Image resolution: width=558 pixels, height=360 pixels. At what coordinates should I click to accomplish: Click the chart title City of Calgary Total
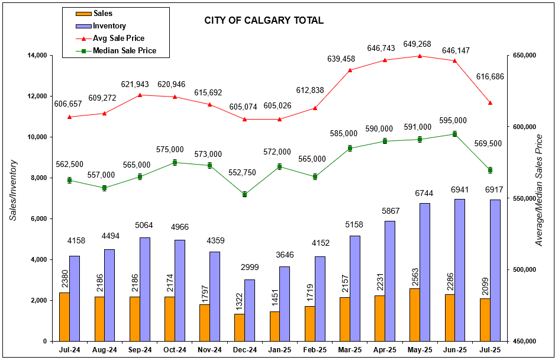[x=264, y=21]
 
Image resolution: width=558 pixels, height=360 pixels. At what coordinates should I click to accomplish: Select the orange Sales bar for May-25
[x=414, y=314]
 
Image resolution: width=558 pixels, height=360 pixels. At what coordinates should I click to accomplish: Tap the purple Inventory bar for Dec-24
[x=250, y=310]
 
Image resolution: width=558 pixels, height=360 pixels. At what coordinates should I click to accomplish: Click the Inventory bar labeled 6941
[x=460, y=270]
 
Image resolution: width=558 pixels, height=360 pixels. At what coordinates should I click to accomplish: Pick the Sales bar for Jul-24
[x=64, y=317]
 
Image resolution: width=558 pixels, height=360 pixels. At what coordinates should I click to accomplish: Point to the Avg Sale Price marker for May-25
[x=420, y=56]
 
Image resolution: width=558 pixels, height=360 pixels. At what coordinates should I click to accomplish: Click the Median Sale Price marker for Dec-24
[x=244, y=194]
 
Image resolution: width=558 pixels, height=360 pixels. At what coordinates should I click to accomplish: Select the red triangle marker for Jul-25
[x=490, y=103]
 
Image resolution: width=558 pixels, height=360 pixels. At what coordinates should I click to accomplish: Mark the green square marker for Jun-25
[x=454, y=134]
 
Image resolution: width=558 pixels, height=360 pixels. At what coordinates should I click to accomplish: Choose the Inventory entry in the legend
[x=110, y=26]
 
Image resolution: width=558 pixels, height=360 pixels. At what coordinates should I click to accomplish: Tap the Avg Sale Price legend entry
[x=119, y=38]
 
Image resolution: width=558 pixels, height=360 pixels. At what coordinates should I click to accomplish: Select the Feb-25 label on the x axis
[x=314, y=350]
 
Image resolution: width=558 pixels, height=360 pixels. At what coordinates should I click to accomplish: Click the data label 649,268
[x=420, y=44]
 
